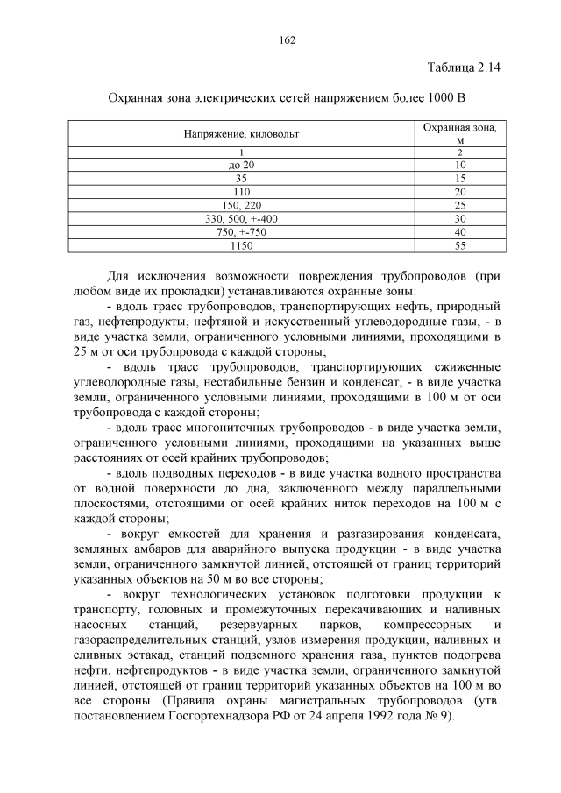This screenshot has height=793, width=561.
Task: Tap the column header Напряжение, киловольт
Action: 235,134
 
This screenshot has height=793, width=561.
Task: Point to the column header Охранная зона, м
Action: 459,133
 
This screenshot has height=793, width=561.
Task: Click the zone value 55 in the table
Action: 459,245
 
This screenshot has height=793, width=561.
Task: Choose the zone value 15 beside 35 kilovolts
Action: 459,178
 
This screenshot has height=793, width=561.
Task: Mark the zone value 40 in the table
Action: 459,232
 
